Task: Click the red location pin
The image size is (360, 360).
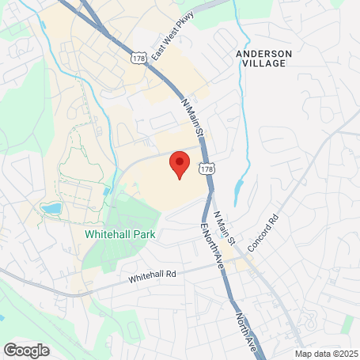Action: tap(180, 163)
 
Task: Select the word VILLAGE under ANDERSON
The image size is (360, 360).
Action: tap(264, 63)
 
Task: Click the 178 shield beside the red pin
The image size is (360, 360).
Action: tap(206, 169)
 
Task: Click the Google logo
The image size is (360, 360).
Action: tap(26, 350)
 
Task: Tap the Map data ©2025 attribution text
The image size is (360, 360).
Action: tap(327, 354)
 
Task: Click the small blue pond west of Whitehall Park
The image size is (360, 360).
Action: tap(51, 209)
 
